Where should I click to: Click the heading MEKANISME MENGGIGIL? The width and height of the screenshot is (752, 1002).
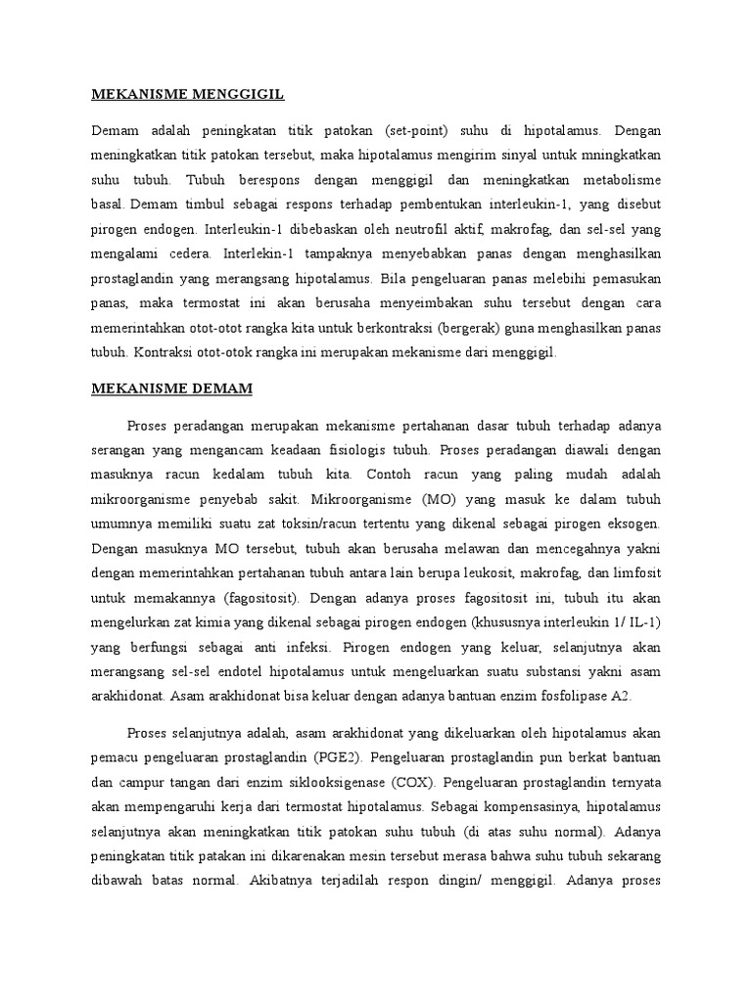tap(187, 94)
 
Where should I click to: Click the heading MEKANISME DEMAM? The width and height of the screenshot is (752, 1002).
tap(171, 388)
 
